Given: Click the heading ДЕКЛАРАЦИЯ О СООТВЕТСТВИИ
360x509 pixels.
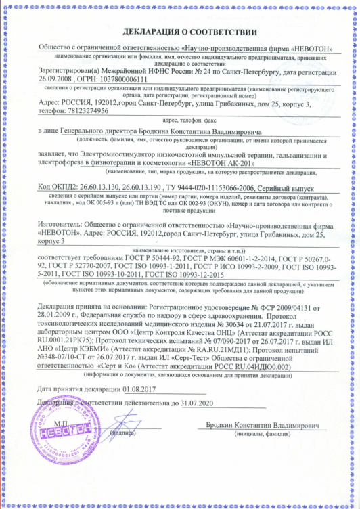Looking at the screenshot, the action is coord(180,32).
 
